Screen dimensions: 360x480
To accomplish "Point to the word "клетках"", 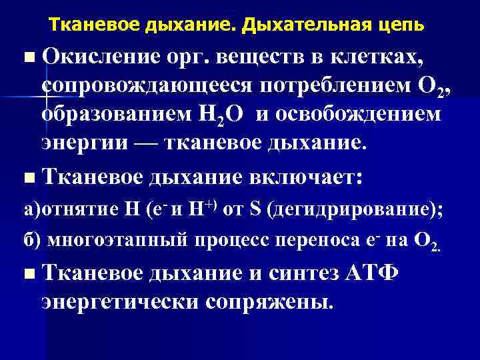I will (x=372, y=59).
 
